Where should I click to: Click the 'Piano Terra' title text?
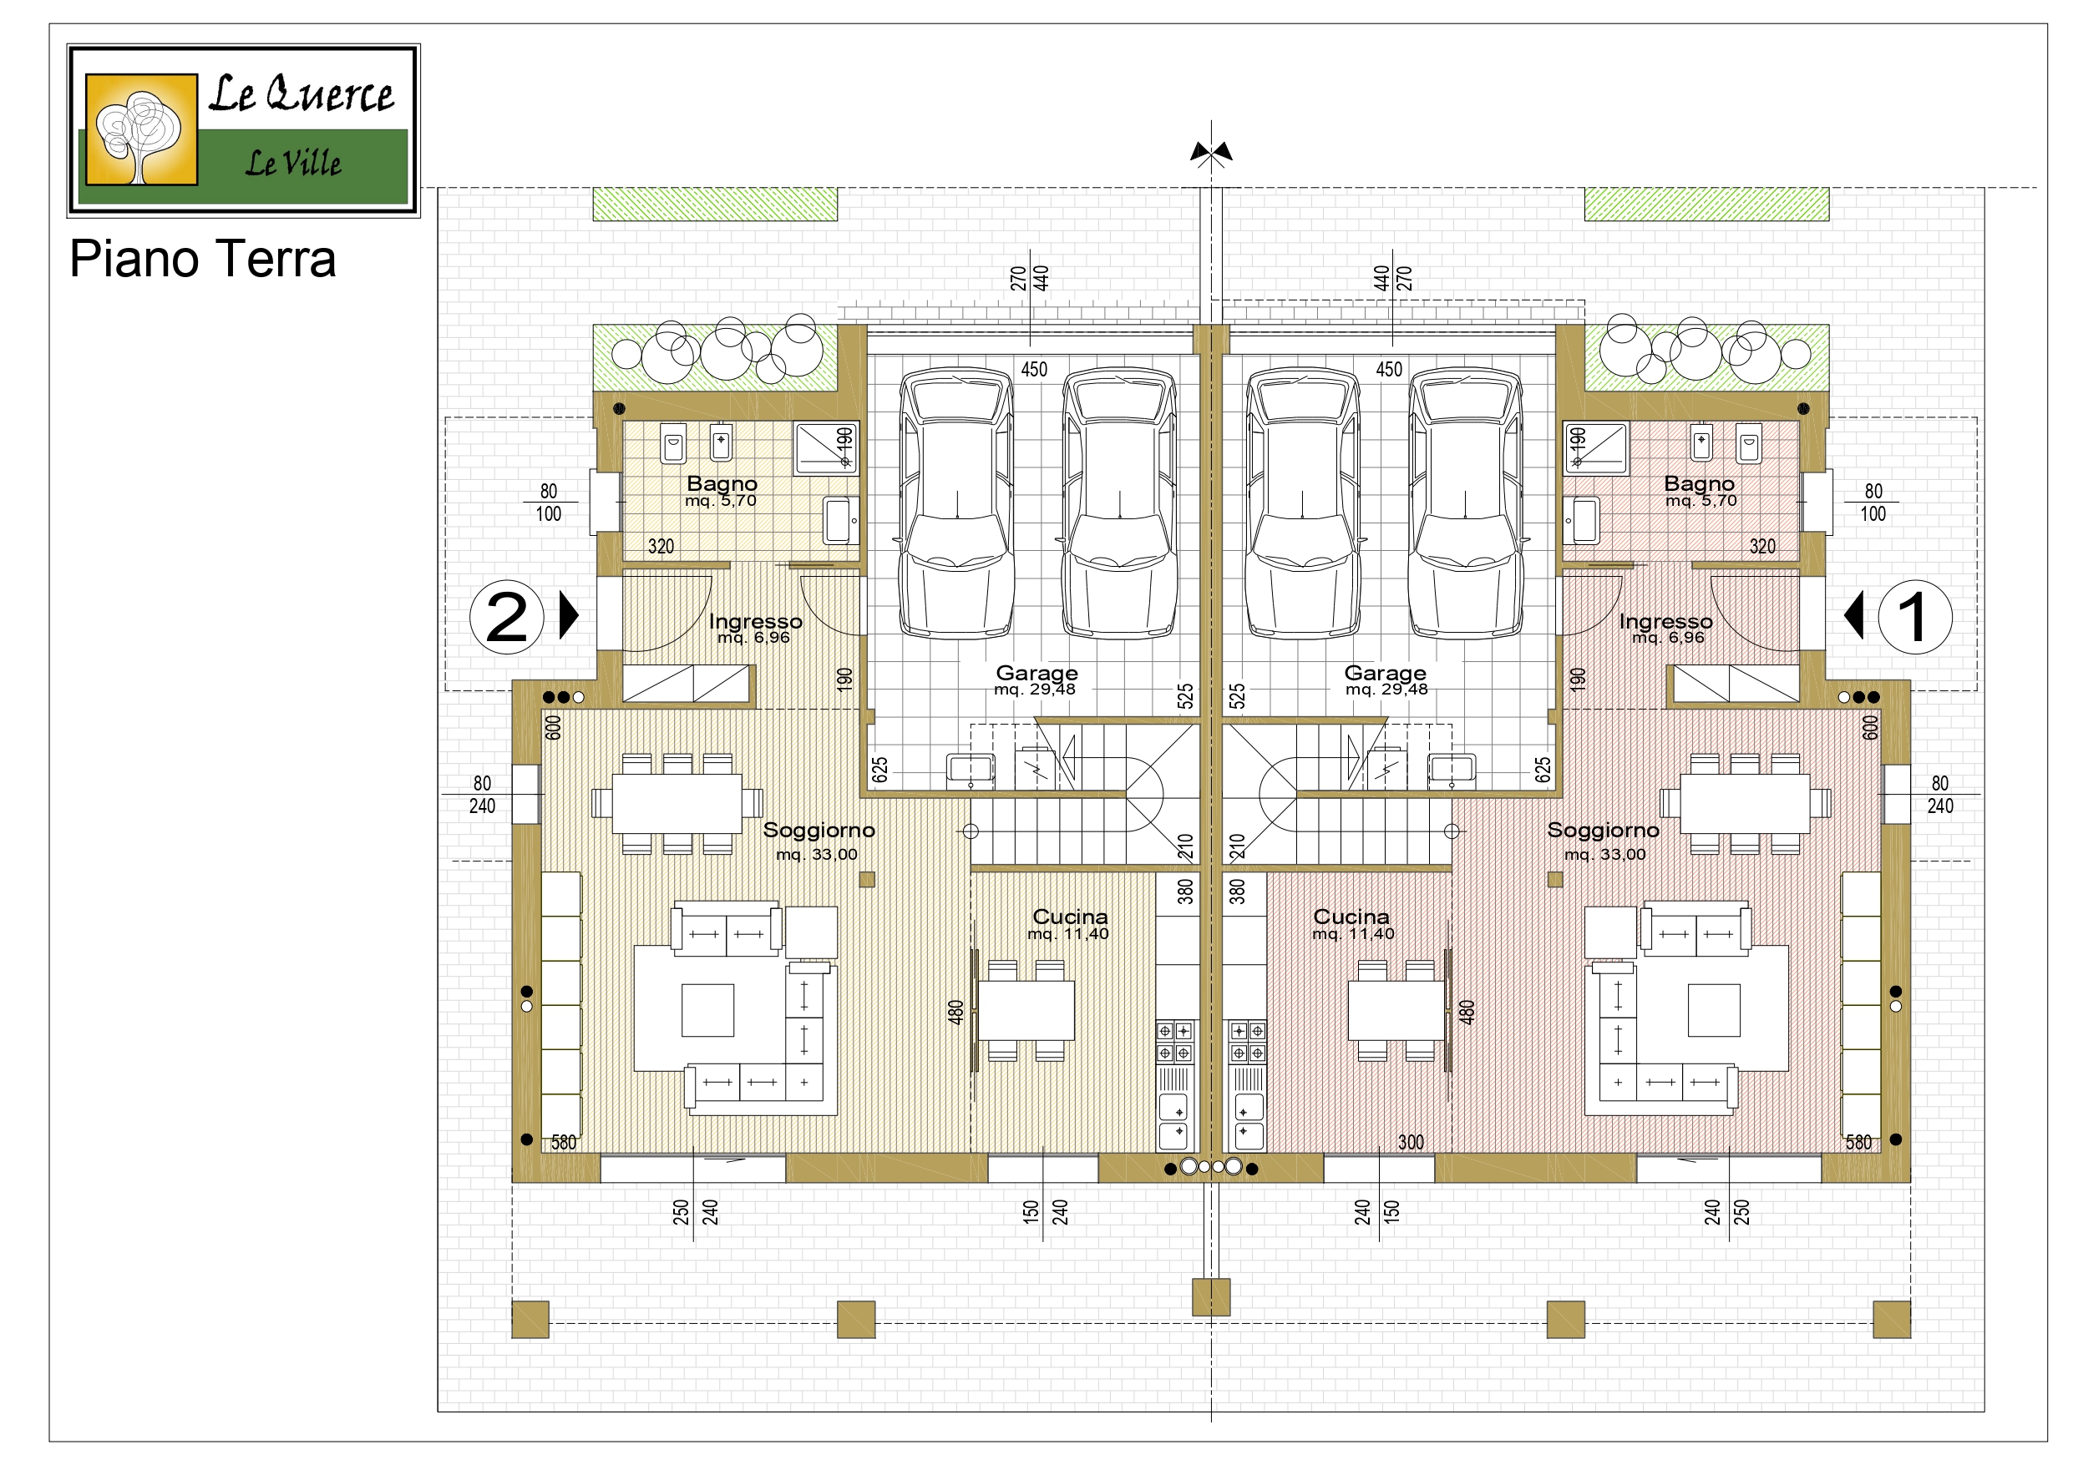click(202, 259)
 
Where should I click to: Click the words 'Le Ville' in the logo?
click(293, 164)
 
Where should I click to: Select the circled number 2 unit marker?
click(506, 618)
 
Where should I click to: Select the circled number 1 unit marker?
click(1915, 618)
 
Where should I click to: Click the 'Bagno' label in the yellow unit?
click(722, 484)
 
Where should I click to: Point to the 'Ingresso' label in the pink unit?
click(1665, 622)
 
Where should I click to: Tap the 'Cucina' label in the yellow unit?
click(1070, 917)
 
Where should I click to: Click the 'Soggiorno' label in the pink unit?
click(1604, 831)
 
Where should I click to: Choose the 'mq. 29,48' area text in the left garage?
click(1035, 690)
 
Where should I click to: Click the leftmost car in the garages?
click(956, 503)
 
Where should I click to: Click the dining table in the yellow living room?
click(677, 803)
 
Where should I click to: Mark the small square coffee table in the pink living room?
click(1714, 1010)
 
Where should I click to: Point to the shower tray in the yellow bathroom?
click(825, 448)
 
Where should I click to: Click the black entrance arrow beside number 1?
click(1853, 615)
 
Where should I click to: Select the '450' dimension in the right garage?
click(1389, 369)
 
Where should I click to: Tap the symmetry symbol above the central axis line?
click(1211, 154)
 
